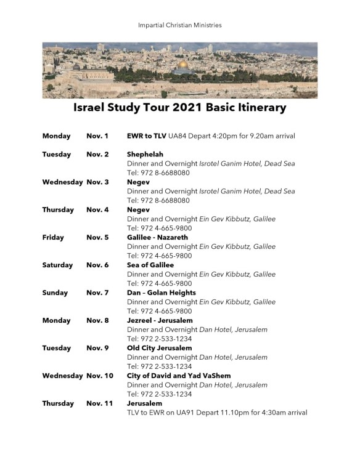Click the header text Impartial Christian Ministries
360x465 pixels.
point(180,25)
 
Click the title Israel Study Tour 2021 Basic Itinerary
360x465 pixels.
point(179,108)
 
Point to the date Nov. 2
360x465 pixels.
point(97,155)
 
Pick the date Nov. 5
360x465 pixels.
point(97,238)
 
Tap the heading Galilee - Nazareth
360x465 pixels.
point(157,238)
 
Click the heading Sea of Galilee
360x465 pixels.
point(150,265)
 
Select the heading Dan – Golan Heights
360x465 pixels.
point(162,293)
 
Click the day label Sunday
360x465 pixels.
point(57,293)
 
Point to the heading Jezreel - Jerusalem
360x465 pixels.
point(160,321)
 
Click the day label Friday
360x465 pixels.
point(54,238)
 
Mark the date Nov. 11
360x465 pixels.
point(99,404)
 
